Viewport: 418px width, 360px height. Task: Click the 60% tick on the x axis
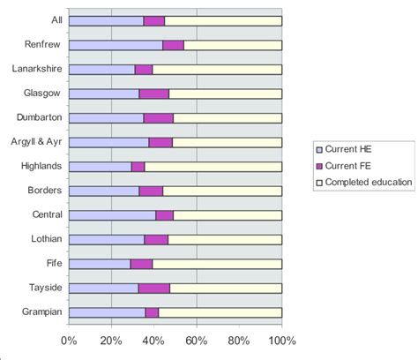click(x=196, y=339)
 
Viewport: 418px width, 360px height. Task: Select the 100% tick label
click(x=281, y=339)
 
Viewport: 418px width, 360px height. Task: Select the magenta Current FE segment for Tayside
click(x=153, y=288)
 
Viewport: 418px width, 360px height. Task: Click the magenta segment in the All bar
click(x=153, y=20)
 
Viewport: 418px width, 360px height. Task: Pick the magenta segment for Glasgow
click(x=153, y=94)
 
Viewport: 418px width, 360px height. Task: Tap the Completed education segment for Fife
click(x=217, y=263)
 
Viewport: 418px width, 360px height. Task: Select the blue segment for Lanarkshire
click(x=101, y=69)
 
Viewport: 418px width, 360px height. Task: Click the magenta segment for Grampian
click(x=152, y=311)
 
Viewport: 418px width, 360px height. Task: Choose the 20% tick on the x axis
click(x=111, y=339)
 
